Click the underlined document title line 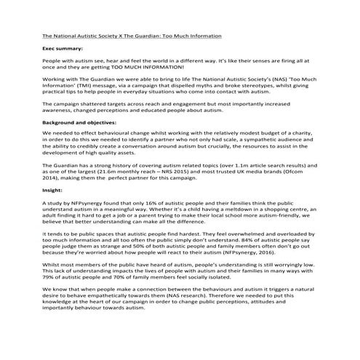pos(132,35)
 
